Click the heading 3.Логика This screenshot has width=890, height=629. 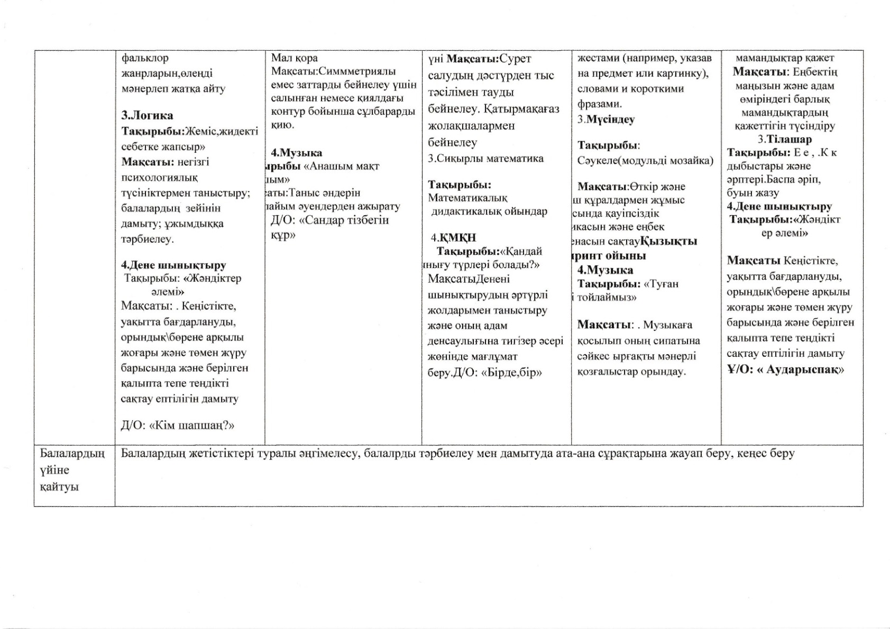coord(147,116)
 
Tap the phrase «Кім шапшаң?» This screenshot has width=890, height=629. coord(192,425)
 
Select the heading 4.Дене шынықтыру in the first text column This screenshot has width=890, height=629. coord(173,265)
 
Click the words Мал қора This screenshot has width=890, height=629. coord(295,58)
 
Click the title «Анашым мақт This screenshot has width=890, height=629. coord(342,166)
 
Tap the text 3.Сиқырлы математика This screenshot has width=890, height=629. coord(485,159)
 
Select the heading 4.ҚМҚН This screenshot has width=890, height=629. coord(454,238)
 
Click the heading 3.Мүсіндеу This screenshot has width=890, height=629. coord(606,119)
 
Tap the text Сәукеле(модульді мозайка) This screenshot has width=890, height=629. coord(645,161)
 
